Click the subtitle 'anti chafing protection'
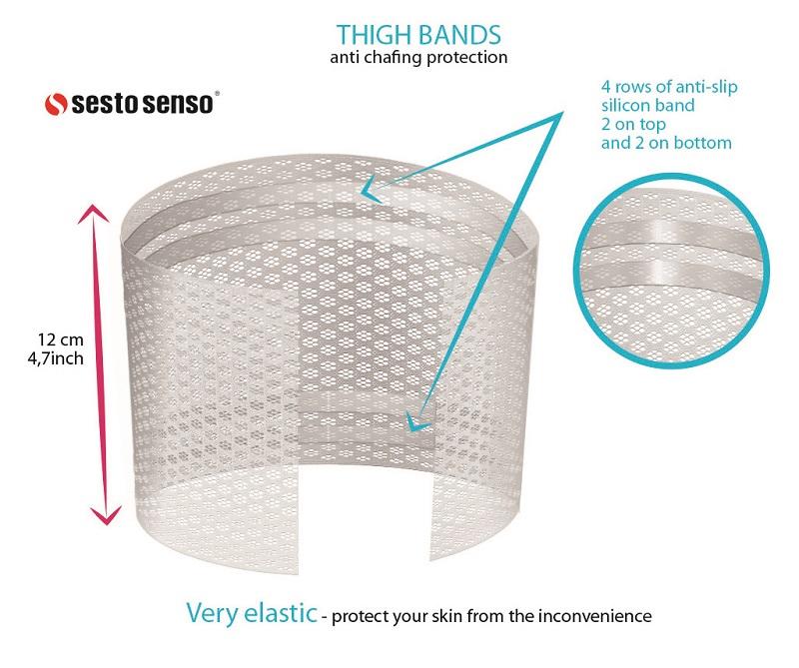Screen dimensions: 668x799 tap(418, 57)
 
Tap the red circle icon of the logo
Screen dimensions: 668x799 tap(57, 103)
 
